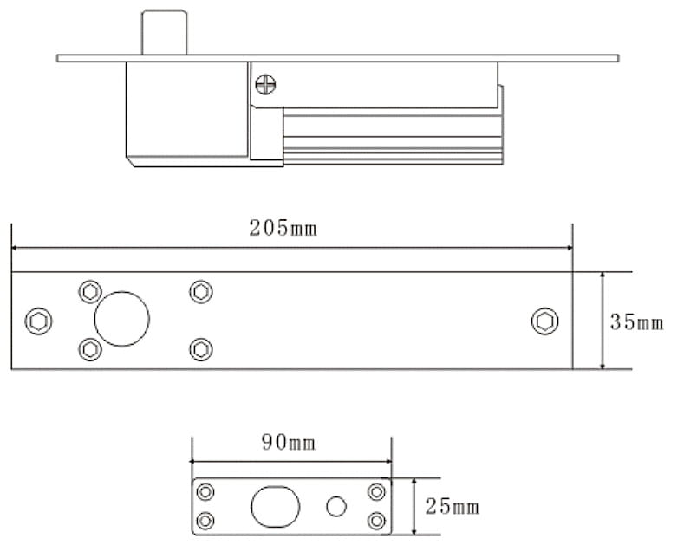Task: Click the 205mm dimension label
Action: tap(283, 229)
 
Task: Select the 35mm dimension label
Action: tap(635, 322)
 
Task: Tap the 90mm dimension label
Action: tap(289, 444)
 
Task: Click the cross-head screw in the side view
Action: tap(266, 84)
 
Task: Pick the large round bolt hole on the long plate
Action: tap(121, 318)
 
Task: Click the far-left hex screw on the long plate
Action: tap(39, 321)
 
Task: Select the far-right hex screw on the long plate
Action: tap(544, 321)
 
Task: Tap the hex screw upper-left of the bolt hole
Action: tap(90, 291)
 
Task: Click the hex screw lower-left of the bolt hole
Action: tap(90, 349)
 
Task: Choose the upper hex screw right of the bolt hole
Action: tap(201, 291)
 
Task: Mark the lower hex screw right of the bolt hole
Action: tap(201, 349)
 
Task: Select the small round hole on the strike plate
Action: tap(335, 506)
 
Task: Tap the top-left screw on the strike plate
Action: tap(205, 492)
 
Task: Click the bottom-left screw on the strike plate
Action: tap(205, 521)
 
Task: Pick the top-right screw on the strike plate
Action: tap(376, 492)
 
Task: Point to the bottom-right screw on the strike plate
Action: tap(376, 521)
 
